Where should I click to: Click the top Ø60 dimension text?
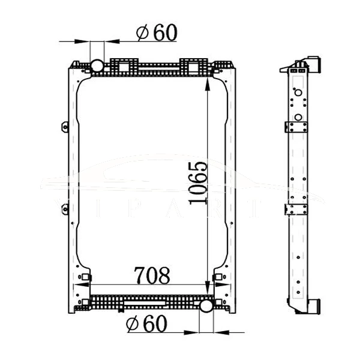(x=157, y=32)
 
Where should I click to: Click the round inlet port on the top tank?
(x=97, y=65)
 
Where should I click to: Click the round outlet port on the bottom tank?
(x=206, y=307)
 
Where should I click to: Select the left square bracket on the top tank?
(x=125, y=65)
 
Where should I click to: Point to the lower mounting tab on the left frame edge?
(x=65, y=209)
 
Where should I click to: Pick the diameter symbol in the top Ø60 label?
(x=143, y=33)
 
